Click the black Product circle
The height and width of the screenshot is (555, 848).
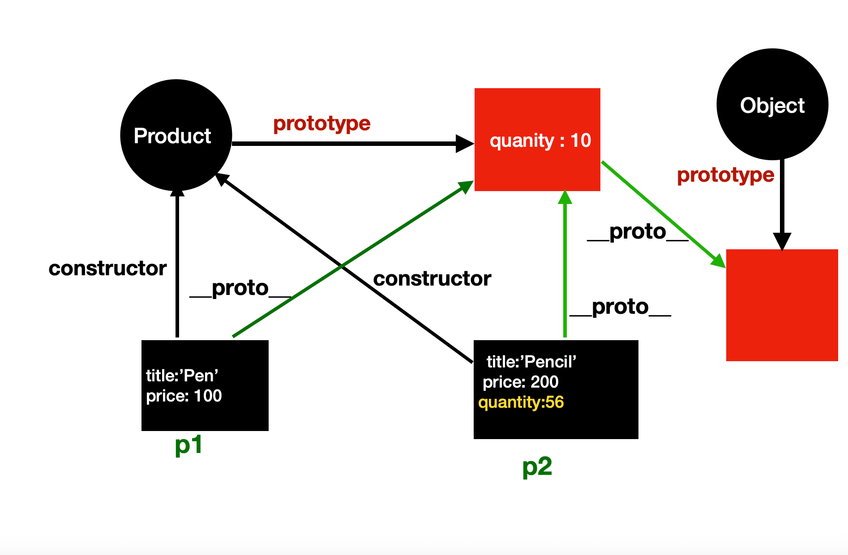click(176, 135)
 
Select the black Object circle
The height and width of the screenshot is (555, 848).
click(772, 104)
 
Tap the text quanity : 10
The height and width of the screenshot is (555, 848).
click(540, 141)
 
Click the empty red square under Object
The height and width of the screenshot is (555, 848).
click(782, 305)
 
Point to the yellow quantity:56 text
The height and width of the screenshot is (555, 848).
click(521, 402)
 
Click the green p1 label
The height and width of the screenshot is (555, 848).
click(188, 445)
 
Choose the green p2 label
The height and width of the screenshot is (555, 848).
click(537, 467)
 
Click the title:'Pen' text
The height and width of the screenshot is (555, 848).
click(182, 376)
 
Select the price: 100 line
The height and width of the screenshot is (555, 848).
click(184, 396)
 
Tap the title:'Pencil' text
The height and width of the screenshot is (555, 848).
click(531, 362)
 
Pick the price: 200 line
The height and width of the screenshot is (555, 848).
click(520, 382)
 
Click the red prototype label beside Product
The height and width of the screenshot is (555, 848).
click(321, 123)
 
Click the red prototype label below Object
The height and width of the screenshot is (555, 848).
click(725, 175)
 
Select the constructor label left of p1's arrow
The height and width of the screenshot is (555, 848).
click(107, 268)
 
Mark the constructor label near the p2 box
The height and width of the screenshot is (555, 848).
click(432, 278)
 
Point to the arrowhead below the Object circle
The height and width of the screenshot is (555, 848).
click(782, 242)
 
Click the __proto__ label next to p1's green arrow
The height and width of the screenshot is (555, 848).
click(240, 288)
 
